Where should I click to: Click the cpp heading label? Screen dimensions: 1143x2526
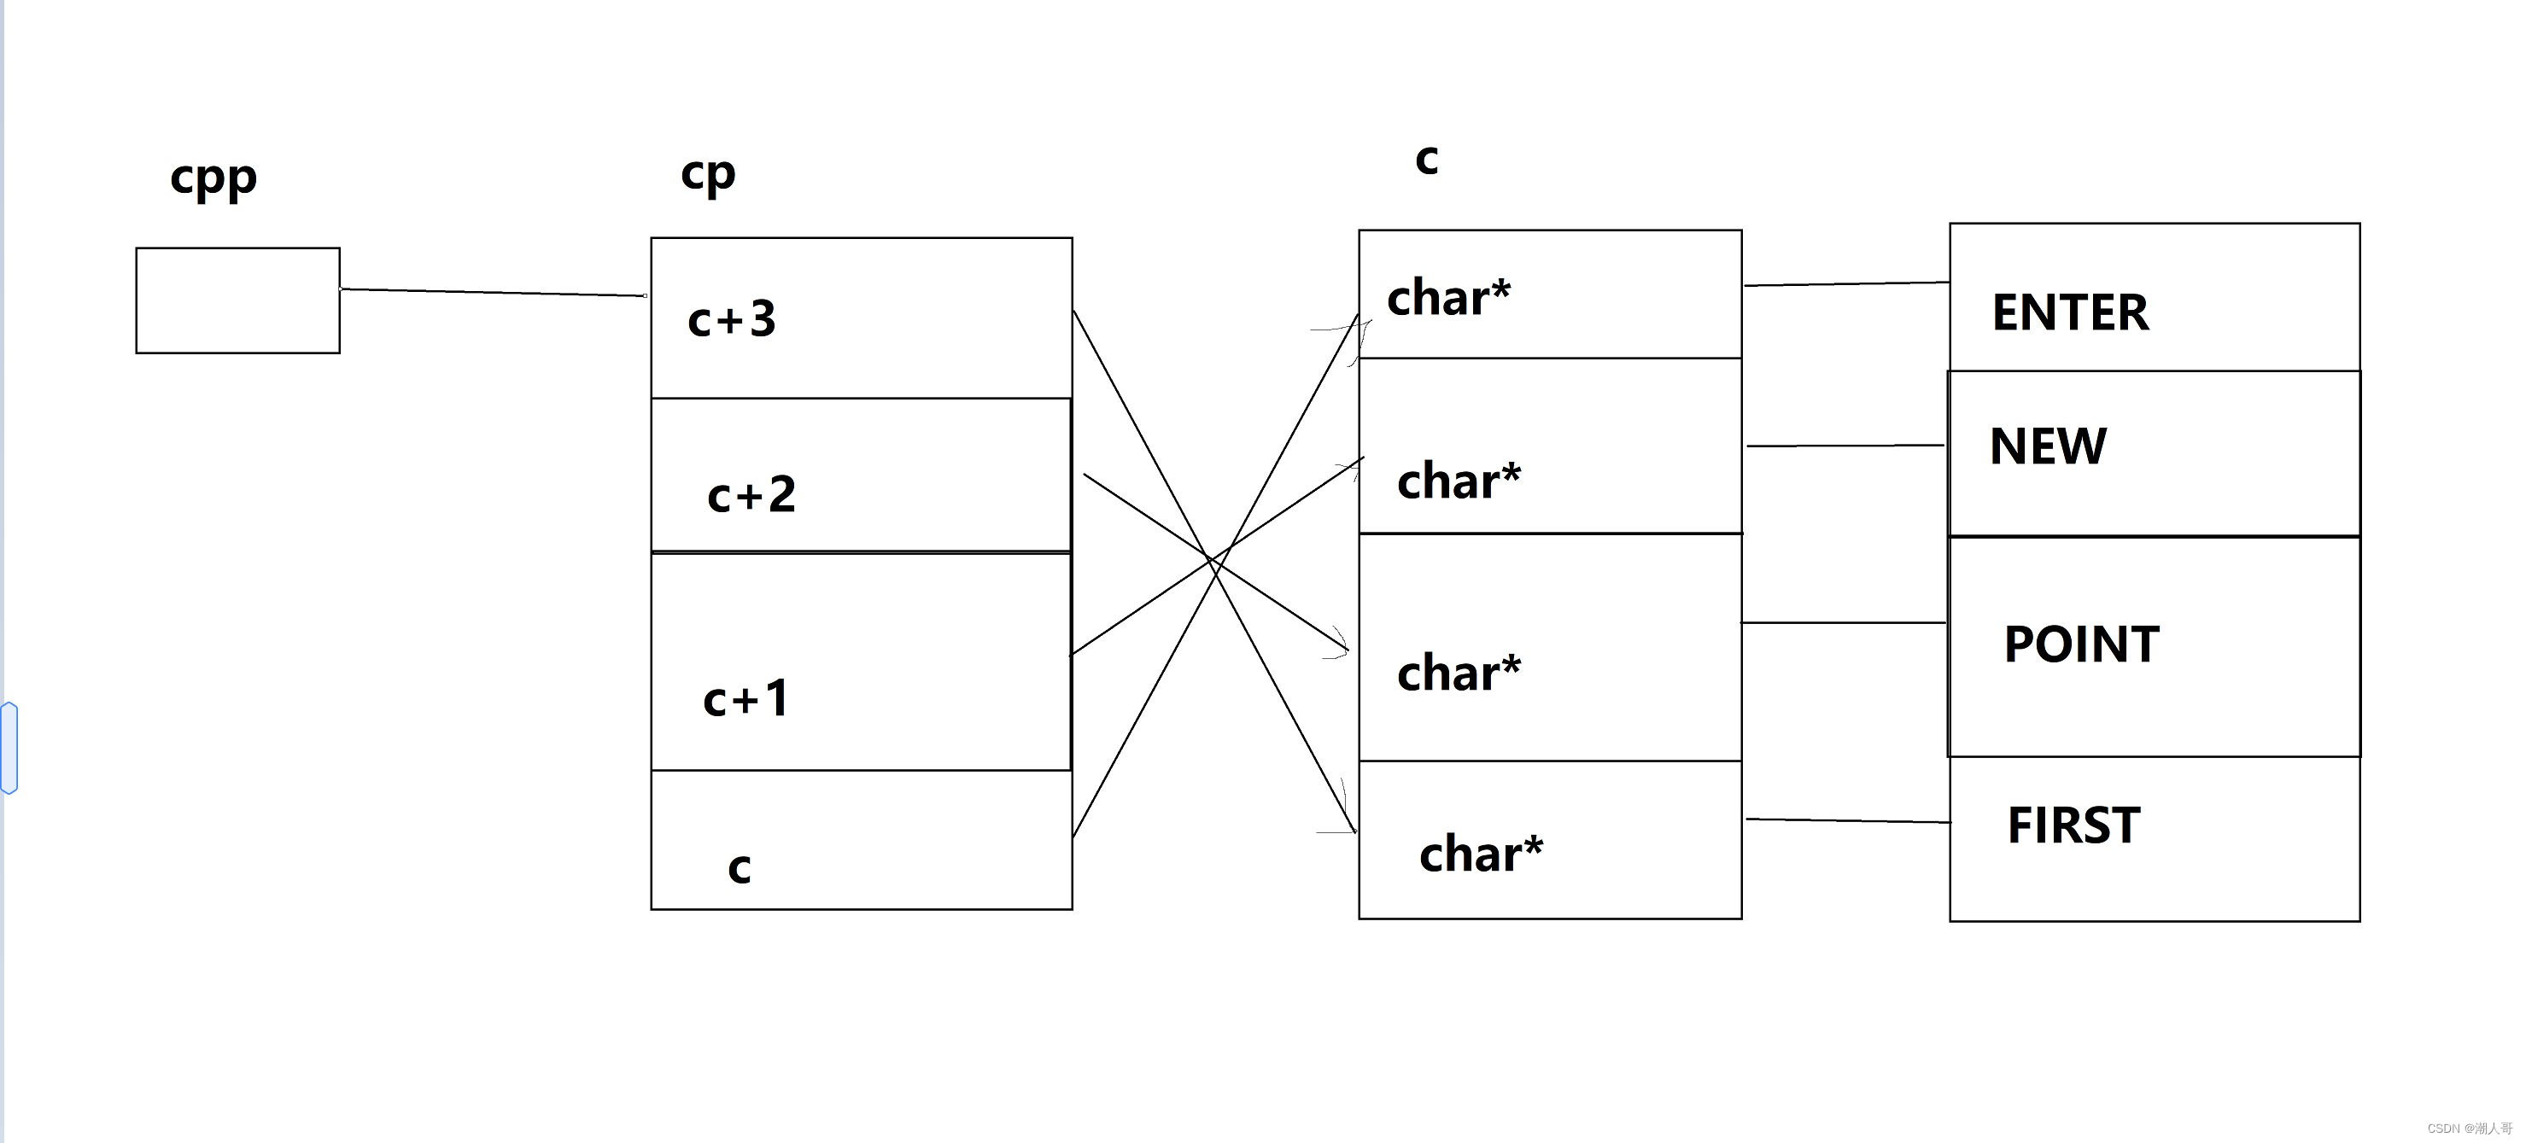pos(213,178)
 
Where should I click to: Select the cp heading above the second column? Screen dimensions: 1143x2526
pos(707,174)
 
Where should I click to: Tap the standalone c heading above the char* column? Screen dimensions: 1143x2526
pos(1426,160)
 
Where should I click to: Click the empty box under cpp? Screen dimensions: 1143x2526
pos(237,300)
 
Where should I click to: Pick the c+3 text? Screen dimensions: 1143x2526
pos(732,319)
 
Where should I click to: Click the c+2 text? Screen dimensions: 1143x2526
pos(751,495)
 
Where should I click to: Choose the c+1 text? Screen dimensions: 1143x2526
pos(746,699)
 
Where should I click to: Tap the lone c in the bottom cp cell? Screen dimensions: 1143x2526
pos(740,867)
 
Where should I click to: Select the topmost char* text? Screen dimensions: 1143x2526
pos(1448,297)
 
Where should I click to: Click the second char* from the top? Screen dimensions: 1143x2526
pos(1459,481)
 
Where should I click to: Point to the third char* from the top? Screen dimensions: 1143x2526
pos(1459,673)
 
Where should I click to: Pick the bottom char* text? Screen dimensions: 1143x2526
pos(1480,853)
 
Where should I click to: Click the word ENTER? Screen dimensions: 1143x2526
pos(2069,312)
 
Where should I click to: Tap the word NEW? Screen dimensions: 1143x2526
pos(2048,446)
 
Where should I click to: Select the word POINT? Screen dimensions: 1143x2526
pos(2081,644)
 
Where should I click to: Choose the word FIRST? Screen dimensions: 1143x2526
pos(2073,825)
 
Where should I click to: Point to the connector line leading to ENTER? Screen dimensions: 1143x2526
pos(1845,284)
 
